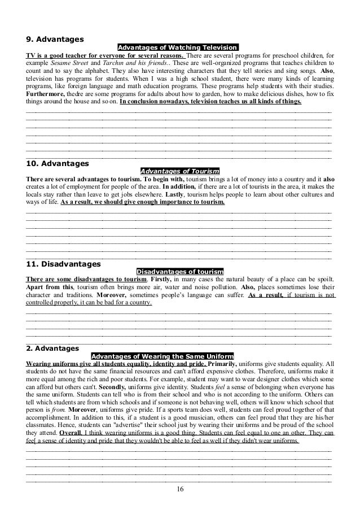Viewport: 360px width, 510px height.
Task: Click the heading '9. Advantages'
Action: point(55,40)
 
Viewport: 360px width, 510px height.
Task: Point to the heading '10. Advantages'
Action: point(57,164)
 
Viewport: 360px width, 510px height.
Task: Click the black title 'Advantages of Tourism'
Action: point(179,171)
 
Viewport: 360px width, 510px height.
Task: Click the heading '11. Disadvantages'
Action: point(63,264)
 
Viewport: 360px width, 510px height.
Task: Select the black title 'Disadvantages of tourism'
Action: point(180,271)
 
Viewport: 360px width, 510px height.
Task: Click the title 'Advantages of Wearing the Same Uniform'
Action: point(162,356)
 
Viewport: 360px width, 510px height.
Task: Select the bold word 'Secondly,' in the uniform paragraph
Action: point(115,388)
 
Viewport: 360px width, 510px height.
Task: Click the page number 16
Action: point(179,489)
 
